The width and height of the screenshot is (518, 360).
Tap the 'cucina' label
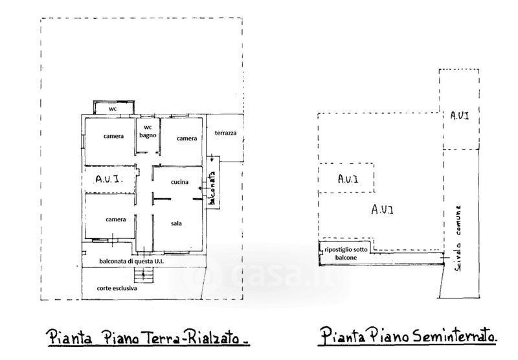pyautogui.click(x=179, y=182)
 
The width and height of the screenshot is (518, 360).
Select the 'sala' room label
pyautogui.click(x=176, y=223)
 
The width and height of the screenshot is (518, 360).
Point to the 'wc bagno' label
pyautogui.click(x=148, y=131)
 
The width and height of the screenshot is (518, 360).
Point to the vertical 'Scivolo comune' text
pyautogui.click(x=458, y=240)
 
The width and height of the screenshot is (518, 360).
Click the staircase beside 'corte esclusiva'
pyautogui.click(x=148, y=276)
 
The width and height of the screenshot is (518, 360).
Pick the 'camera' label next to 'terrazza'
pyautogui.click(x=186, y=139)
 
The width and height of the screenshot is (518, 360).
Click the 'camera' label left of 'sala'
pyautogui.click(x=116, y=219)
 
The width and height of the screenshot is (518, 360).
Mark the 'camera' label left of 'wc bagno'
pyautogui.click(x=113, y=136)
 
